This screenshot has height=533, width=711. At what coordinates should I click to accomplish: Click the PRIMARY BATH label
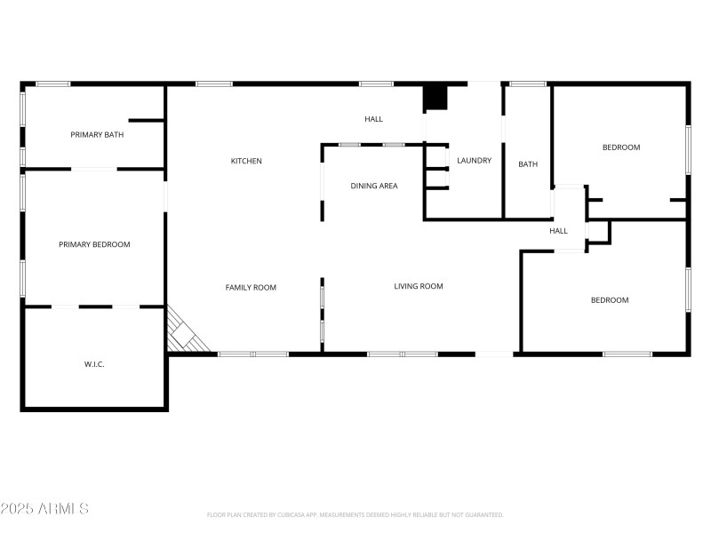97,135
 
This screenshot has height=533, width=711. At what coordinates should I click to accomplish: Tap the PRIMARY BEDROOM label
94,244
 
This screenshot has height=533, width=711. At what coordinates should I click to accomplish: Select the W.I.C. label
94,364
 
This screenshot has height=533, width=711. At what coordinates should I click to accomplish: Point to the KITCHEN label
246,161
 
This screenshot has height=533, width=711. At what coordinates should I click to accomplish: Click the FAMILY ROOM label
251,287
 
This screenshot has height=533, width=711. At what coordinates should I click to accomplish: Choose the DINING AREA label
374,186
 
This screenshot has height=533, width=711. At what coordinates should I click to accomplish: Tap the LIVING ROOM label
419,286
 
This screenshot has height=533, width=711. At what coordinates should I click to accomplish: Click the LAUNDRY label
475,161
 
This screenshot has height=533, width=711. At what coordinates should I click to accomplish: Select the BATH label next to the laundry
528,163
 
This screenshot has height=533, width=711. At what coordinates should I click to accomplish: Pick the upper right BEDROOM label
621,147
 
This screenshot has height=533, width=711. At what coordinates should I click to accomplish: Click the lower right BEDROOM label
610,300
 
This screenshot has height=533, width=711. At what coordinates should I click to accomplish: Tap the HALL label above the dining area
374,119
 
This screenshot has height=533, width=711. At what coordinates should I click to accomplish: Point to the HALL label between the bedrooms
558,231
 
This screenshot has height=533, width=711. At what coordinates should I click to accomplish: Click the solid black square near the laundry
435,98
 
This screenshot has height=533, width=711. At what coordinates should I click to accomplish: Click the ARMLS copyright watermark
44,509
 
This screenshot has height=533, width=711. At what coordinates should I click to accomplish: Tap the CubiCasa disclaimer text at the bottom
355,514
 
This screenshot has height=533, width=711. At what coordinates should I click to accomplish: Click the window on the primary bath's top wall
53,84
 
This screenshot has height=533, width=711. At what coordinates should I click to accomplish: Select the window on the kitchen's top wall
214,84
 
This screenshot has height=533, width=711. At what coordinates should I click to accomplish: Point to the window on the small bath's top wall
528,84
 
